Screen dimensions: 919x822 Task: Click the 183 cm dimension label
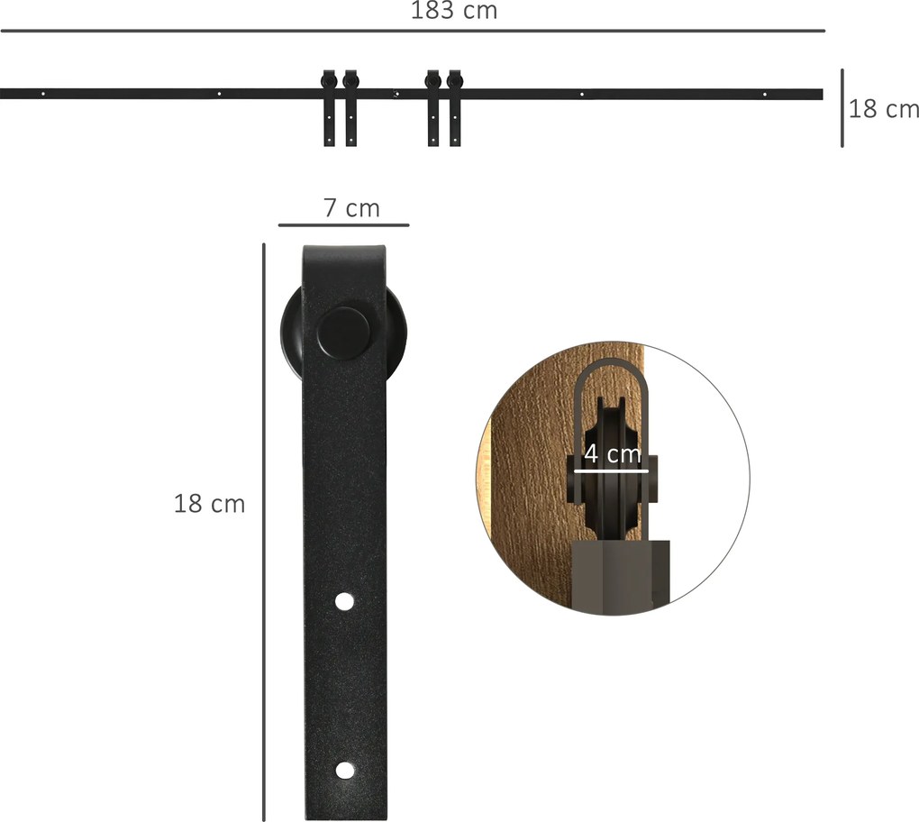point(453,11)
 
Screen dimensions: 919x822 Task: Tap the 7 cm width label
point(351,208)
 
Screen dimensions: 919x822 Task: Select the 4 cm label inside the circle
point(613,453)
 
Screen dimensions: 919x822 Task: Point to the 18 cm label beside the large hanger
point(209,504)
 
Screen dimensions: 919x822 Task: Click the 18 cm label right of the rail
point(883,109)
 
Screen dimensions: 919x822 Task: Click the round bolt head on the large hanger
point(344,333)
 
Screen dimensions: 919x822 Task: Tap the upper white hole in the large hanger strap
point(344,601)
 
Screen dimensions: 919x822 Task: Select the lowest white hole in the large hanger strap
point(345,771)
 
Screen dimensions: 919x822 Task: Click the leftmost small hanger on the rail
point(329,108)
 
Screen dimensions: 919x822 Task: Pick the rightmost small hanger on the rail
point(455,108)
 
